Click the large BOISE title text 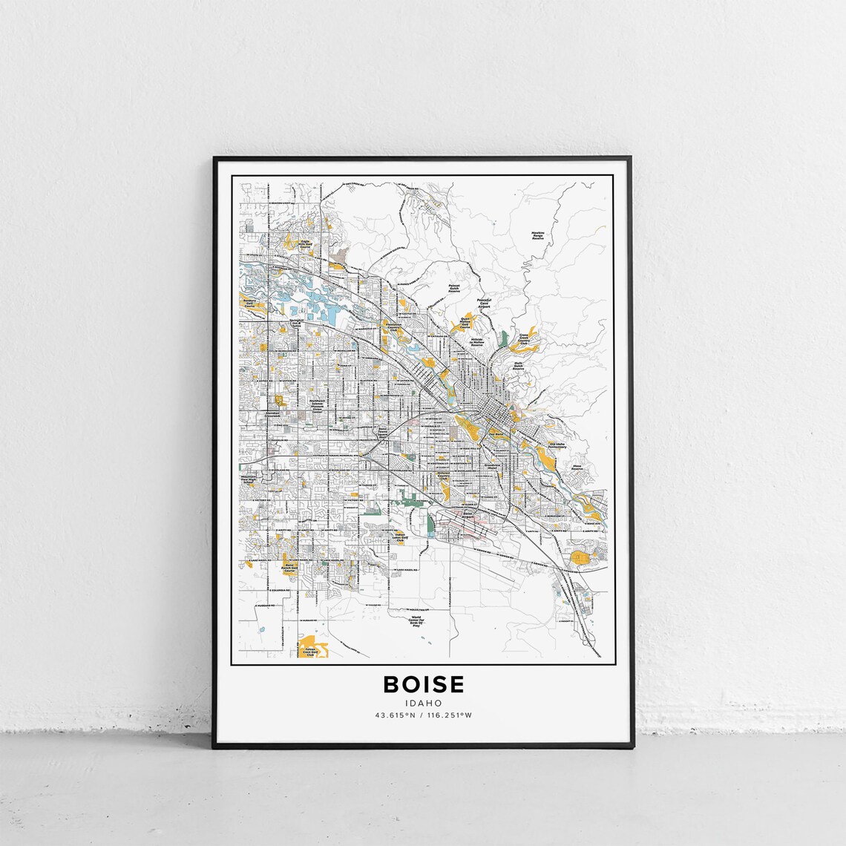pos(423,683)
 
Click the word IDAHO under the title pos(423,703)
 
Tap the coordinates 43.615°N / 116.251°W pos(423,715)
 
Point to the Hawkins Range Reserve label pos(538,238)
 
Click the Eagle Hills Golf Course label pos(304,243)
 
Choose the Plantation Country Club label pos(393,327)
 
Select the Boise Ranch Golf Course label pos(291,569)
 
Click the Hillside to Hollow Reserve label pos(477,341)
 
